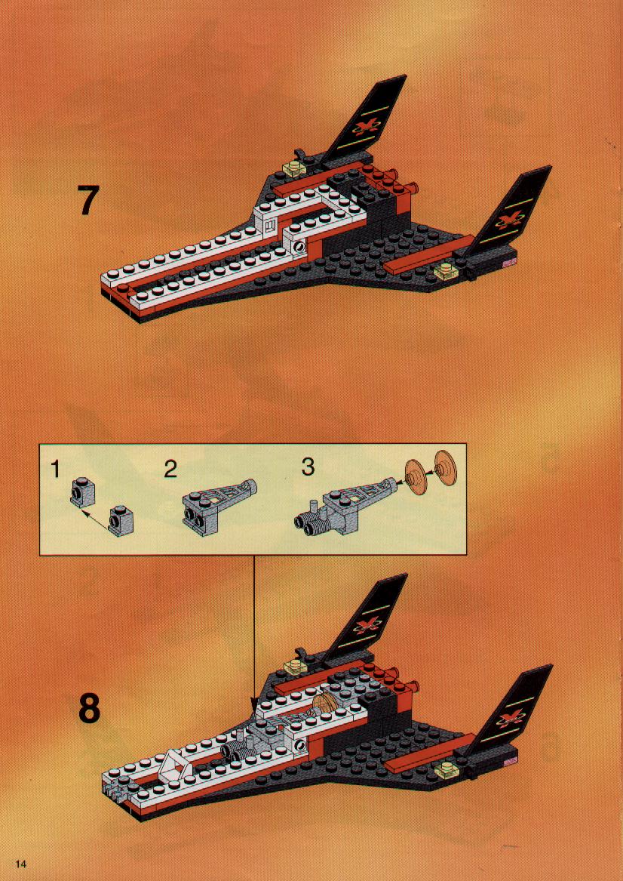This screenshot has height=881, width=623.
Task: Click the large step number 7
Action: pos(88,201)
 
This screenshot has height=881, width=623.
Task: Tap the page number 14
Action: pos(21,864)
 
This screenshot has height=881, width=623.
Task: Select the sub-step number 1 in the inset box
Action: pos(54,469)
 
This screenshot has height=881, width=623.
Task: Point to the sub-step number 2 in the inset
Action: pos(170,469)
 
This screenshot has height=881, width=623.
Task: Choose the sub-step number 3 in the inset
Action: pos(308,467)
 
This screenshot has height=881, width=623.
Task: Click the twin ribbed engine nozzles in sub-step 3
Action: pos(308,522)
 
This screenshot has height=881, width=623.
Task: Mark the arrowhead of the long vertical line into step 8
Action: pos(254,704)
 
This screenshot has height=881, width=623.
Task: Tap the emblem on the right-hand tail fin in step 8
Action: pos(510,716)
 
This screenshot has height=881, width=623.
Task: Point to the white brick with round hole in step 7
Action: pos(299,245)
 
